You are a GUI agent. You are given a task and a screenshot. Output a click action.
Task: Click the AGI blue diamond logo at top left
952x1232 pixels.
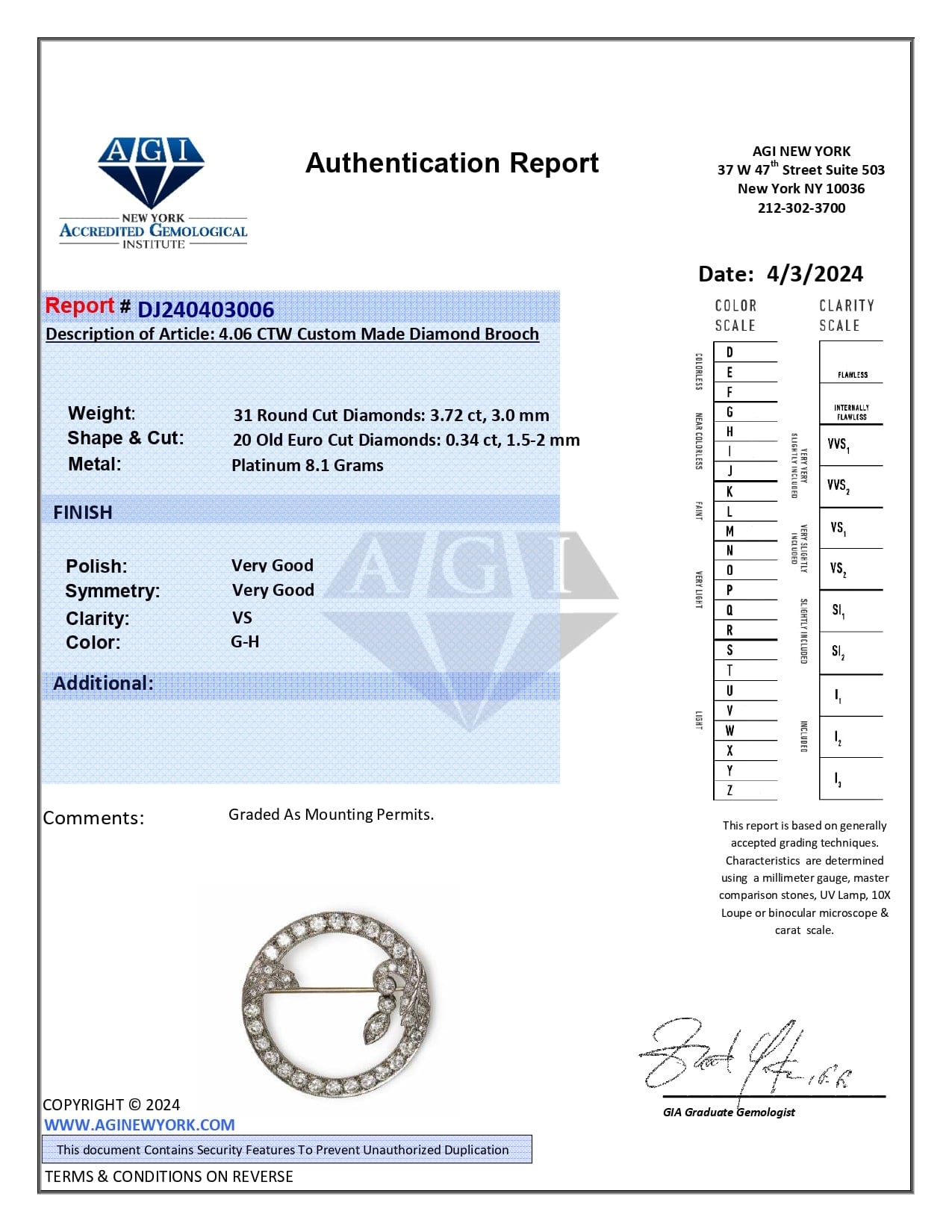pyautogui.click(x=152, y=171)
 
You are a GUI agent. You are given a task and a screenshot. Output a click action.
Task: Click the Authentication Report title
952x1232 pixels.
pyautogui.click(x=452, y=163)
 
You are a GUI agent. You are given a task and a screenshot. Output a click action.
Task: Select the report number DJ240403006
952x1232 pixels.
pyautogui.click(x=205, y=309)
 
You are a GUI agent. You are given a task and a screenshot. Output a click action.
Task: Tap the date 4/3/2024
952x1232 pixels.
pyautogui.click(x=815, y=274)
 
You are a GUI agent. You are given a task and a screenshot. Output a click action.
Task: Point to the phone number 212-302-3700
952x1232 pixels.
pyautogui.click(x=801, y=208)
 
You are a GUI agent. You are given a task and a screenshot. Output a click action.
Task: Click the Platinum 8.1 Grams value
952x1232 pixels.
pyautogui.click(x=307, y=465)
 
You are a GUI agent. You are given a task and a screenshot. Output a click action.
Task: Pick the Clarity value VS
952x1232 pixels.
pyautogui.click(x=242, y=617)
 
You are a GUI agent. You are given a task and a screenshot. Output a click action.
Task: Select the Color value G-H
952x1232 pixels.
pyautogui.click(x=245, y=641)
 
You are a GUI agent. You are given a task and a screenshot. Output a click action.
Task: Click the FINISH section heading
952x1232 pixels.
pyautogui.click(x=83, y=512)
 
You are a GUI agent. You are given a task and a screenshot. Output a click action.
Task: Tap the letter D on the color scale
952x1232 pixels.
pyautogui.click(x=729, y=352)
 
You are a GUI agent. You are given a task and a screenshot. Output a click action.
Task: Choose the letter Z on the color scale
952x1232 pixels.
pyautogui.click(x=729, y=790)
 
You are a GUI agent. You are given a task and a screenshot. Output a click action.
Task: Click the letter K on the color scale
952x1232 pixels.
pyautogui.click(x=729, y=491)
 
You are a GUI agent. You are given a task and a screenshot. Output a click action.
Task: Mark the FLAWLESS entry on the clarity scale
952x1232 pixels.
pyautogui.click(x=852, y=375)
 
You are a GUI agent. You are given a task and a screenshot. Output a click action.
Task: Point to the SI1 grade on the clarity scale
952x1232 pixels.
pyautogui.click(x=838, y=611)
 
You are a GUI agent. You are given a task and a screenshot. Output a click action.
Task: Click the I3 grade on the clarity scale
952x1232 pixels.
pyautogui.click(x=838, y=780)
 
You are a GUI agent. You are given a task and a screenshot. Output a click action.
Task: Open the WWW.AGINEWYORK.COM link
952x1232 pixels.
pyautogui.click(x=139, y=1124)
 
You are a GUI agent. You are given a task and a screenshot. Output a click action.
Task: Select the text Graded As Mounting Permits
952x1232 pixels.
pyautogui.click(x=331, y=815)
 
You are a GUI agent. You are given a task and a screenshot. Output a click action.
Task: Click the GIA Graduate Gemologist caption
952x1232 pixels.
pyautogui.click(x=729, y=1113)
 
